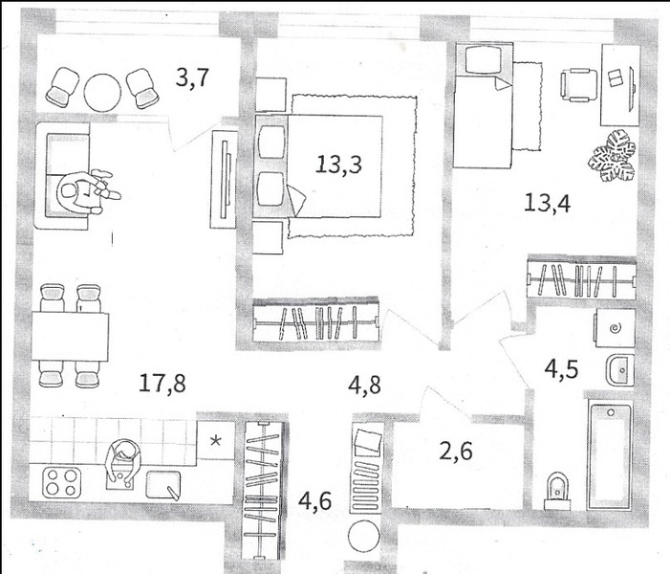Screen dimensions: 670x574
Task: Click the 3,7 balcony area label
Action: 192,78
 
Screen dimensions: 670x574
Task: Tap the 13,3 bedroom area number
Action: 338,165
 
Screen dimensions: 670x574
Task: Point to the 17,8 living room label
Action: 162,383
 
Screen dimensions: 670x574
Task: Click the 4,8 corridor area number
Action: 364,386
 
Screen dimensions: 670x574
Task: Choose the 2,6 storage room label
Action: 456,452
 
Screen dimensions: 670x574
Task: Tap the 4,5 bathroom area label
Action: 561,369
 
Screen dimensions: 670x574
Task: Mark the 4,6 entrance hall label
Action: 314,501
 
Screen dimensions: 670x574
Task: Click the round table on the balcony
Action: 102,93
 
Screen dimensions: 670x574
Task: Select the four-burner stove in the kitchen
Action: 62,482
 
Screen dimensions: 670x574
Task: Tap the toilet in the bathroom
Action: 557,491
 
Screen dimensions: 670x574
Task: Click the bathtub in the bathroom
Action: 609,455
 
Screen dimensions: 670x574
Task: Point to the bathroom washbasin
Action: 620,370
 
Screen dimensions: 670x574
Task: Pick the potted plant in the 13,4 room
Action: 612,157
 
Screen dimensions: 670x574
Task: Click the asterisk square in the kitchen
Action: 216,441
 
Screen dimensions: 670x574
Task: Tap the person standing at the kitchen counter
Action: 122,463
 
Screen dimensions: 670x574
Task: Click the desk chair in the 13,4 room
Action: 579,85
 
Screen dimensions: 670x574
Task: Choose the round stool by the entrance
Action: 364,537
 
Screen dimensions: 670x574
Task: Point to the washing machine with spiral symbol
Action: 614,328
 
